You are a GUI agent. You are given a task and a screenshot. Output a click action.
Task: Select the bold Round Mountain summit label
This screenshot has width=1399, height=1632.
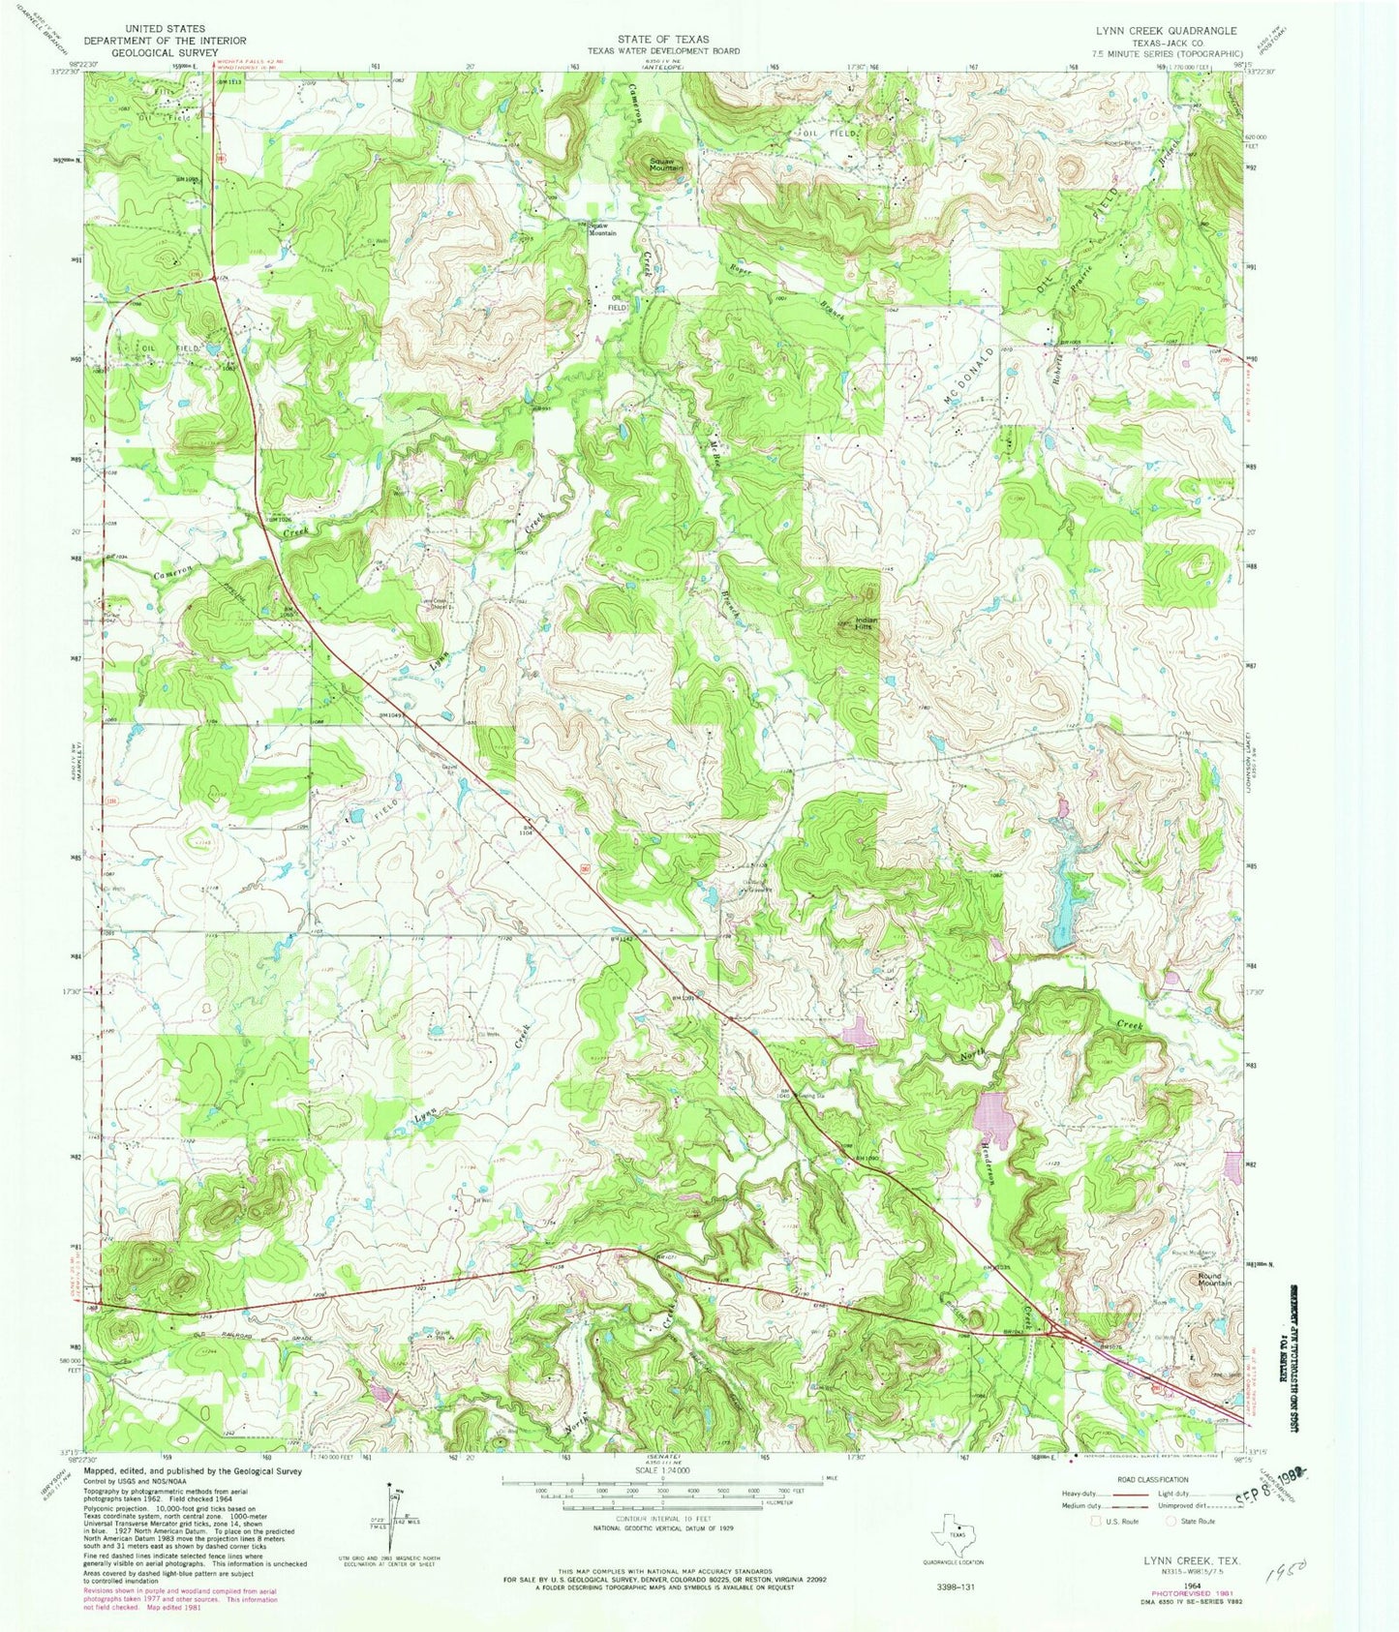[1214, 1279]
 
